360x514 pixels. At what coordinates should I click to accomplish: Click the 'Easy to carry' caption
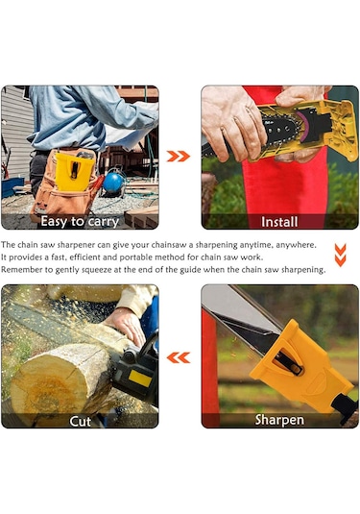point(80,221)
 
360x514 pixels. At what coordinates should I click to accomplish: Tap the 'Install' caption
point(279,222)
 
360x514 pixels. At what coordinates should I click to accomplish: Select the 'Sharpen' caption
point(279,420)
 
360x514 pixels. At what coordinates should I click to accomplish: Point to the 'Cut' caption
point(81,421)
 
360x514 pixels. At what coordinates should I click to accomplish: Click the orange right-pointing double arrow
point(179,157)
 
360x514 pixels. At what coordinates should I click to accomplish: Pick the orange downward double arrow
point(341,255)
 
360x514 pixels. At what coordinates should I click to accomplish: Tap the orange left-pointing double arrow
point(179,357)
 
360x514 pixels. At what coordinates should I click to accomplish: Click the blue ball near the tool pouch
point(113,183)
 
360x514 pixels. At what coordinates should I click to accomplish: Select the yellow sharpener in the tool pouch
point(75,171)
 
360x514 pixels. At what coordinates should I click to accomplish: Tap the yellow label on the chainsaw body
point(140,379)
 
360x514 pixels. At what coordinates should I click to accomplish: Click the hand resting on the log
point(125,325)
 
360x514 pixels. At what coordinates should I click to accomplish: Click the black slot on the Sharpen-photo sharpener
point(288,362)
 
